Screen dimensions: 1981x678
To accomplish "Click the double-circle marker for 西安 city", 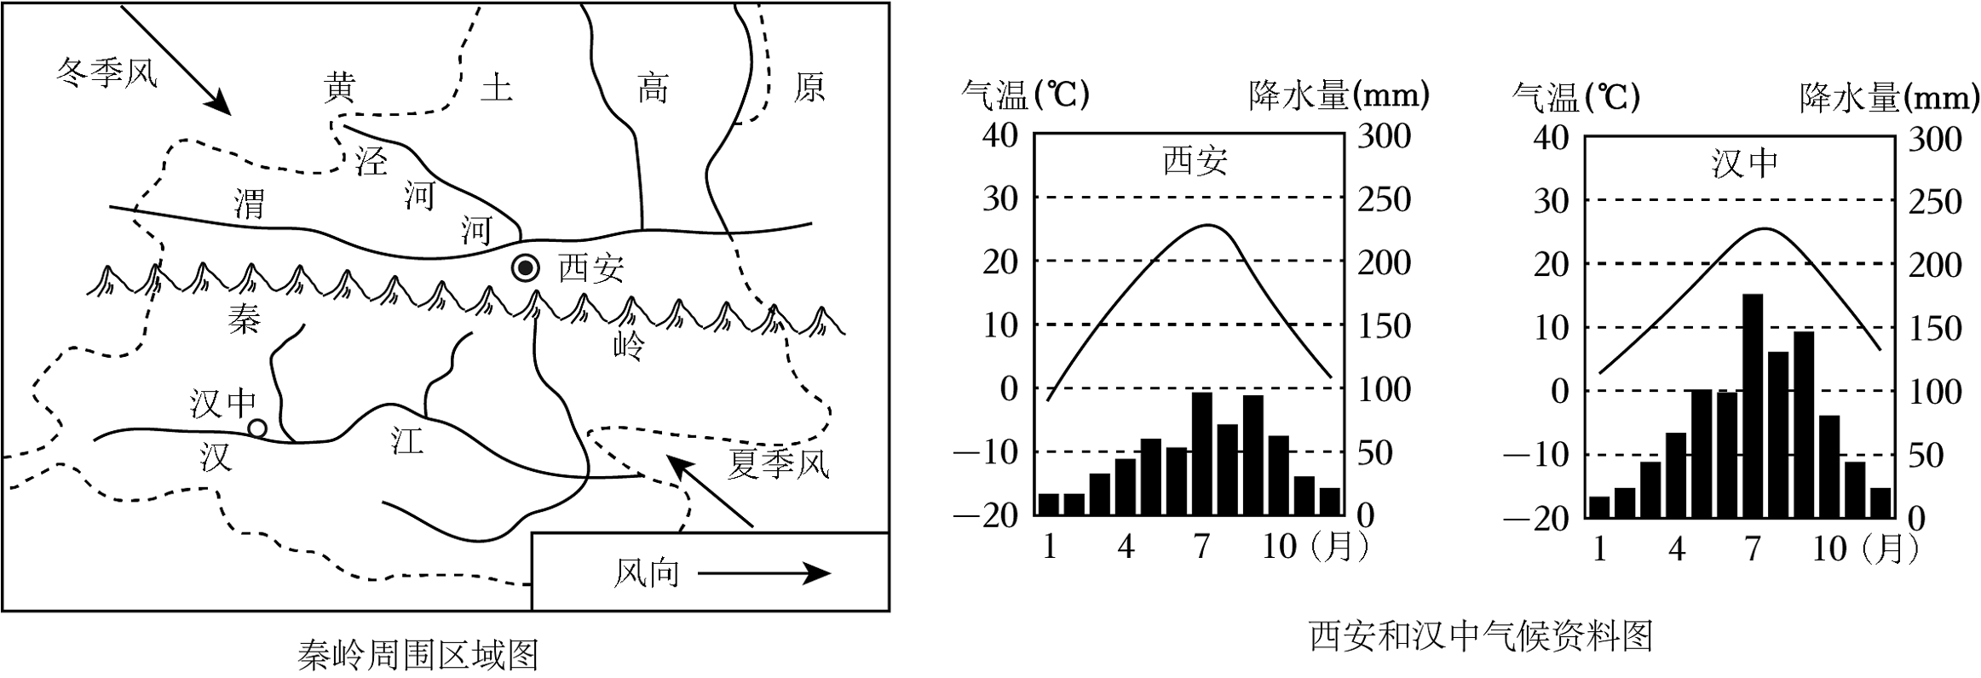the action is tap(526, 269).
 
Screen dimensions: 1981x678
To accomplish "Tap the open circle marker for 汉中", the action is tap(256, 428).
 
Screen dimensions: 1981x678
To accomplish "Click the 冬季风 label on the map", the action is tap(107, 73).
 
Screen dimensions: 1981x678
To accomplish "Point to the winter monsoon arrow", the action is tap(176, 60).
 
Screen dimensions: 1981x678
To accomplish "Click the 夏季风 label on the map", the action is tap(778, 464).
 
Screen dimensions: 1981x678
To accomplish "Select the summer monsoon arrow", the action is tap(710, 491).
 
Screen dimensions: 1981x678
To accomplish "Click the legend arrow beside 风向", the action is tap(764, 573).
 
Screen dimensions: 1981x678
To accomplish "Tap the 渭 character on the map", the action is tap(249, 204).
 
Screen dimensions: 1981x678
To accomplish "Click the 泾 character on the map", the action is tap(371, 162).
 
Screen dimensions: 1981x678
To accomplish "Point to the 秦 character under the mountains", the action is tap(244, 319).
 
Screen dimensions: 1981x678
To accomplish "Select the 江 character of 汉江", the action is tap(407, 440).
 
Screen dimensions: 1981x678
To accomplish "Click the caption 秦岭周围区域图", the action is tap(418, 655).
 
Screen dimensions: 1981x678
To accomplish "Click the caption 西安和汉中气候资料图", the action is tap(1481, 636).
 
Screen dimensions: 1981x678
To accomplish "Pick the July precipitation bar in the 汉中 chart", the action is tap(1753, 405).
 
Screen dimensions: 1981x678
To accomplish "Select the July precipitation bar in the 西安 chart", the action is tap(1202, 454).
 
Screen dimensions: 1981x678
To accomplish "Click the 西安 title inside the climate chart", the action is tap(1195, 161).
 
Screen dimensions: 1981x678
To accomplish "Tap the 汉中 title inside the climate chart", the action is tap(1744, 164).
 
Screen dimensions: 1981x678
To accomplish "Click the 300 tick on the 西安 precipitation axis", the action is tap(1384, 136).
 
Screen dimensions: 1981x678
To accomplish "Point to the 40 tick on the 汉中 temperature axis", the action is tap(1551, 137).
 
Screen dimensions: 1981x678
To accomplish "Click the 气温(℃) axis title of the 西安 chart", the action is tap(1025, 95).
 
